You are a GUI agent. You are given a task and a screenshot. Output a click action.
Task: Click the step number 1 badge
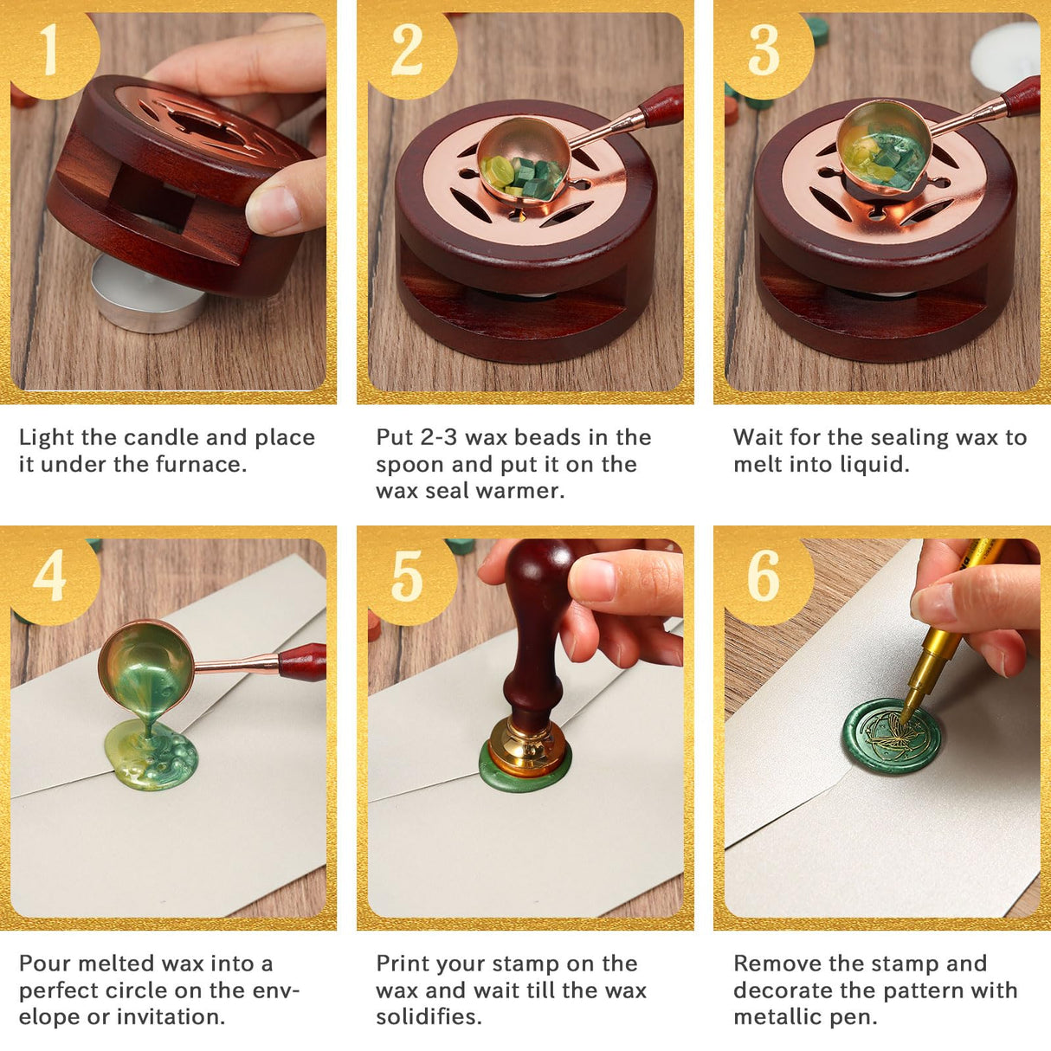pyautogui.click(x=54, y=52)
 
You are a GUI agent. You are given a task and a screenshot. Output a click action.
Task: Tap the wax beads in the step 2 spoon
pyautogui.click(x=523, y=175)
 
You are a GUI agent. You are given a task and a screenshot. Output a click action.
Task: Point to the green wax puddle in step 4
pyautogui.click(x=150, y=756)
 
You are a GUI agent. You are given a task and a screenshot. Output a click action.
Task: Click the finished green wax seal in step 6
pyautogui.click(x=892, y=738)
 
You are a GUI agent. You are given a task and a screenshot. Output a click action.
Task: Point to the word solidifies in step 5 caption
pyautogui.click(x=429, y=1017)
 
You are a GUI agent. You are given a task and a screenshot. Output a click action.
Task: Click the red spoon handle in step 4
pyautogui.click(x=303, y=662)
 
